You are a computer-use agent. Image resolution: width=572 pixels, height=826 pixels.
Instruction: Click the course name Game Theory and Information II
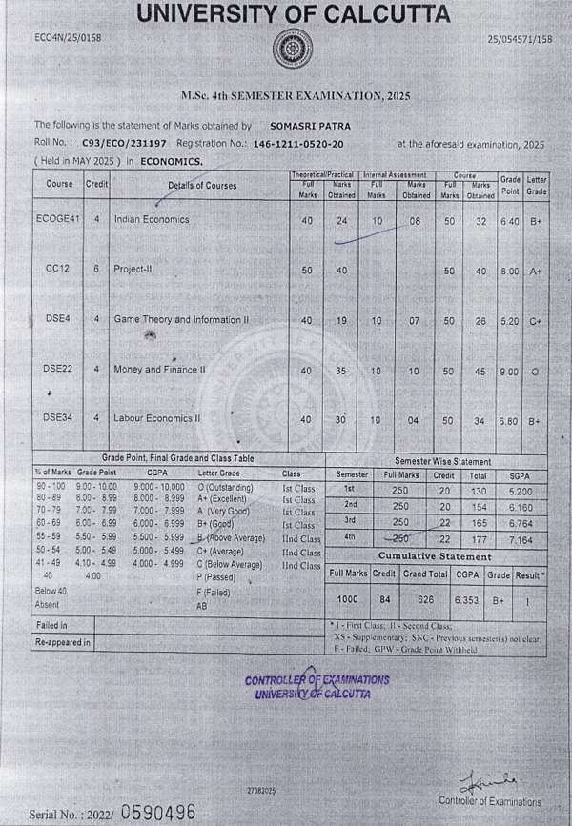tap(180, 320)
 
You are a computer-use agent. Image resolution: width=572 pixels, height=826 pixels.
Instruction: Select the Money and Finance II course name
tap(158, 369)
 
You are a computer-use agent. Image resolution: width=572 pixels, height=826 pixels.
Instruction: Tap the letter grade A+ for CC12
tap(535, 272)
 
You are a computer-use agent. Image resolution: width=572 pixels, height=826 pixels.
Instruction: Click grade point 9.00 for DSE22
tap(510, 370)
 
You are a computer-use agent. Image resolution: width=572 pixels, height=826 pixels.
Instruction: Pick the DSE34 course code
tap(57, 417)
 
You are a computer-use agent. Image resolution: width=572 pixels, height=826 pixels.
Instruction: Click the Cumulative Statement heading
tap(436, 555)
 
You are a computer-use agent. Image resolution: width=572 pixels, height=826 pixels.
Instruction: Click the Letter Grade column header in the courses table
tap(537, 184)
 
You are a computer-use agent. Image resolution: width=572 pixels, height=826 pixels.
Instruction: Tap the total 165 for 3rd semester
tap(479, 523)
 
